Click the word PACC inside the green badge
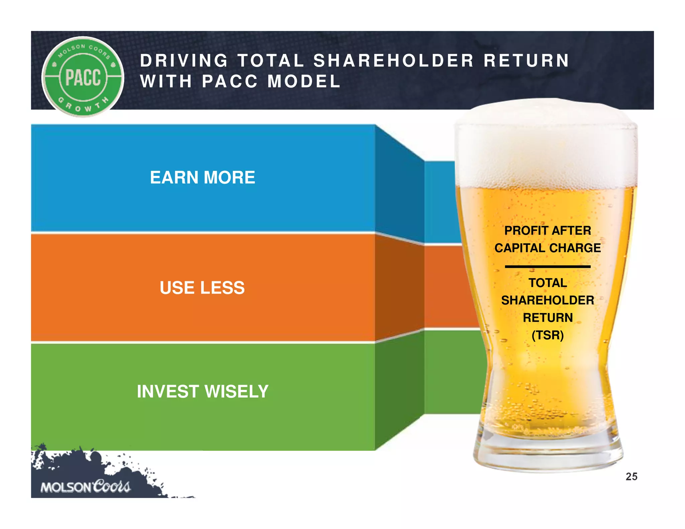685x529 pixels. tap(83, 77)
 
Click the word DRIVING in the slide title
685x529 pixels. tap(184, 61)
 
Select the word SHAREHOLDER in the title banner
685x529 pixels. tap(394, 61)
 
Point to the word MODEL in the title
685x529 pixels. tap(304, 82)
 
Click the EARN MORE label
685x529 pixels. tap(202, 177)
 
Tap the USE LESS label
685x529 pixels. tap(202, 288)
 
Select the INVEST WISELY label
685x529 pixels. tap(203, 391)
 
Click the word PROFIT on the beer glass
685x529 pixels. tap(525, 230)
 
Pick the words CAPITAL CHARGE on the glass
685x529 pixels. tap(548, 248)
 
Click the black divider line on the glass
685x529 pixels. tap(548, 267)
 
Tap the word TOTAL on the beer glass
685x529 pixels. tap(548, 283)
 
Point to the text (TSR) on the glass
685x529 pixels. tap(548, 335)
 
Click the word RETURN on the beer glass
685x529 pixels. tap(548, 318)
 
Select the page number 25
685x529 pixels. tap(631, 477)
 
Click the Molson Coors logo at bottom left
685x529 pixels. tap(85, 487)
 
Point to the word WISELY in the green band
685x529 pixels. tap(236, 391)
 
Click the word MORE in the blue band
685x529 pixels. tap(229, 177)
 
